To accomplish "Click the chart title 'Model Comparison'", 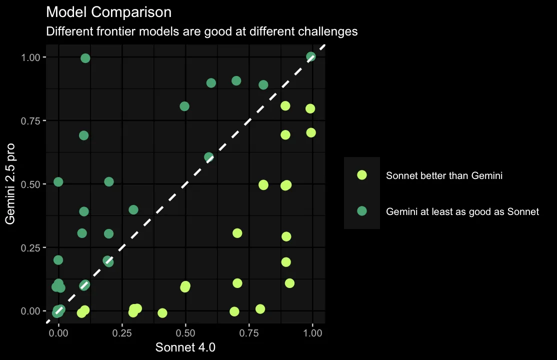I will pos(108,12).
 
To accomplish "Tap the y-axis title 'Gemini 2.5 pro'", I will pos(10,183).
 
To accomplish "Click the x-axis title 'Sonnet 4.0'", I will pos(185,347).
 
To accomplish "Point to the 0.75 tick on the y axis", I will pos(33,120).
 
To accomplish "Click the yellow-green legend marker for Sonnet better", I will pos(362,175).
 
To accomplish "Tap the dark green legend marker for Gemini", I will pos(362,211).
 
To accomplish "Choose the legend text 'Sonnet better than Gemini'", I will pos(444,175).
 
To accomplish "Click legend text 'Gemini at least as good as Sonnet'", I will pos(462,211).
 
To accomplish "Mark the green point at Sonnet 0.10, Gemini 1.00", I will pos(85,58).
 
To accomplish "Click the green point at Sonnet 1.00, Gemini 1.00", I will pos(311,56).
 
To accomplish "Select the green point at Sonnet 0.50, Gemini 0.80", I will pos(184,106).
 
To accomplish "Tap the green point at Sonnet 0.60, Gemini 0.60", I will pos(209,157).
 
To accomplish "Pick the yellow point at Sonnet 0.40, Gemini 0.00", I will pos(162,313).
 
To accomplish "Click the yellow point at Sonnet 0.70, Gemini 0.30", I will pos(237,233).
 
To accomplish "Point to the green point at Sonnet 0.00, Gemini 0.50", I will pos(58,181).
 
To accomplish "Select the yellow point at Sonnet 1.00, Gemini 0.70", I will pos(311,132).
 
